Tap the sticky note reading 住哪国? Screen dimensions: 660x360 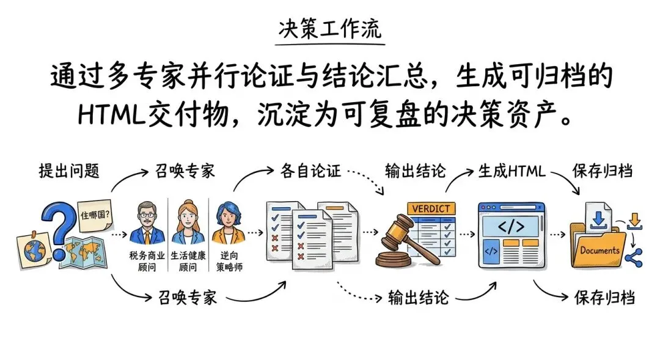coord(95,215)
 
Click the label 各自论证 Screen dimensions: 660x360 coord(309,171)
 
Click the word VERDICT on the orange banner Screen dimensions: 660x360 coord(431,209)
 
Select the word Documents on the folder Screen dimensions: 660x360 coord(599,251)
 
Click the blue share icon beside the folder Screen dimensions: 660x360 coord(634,257)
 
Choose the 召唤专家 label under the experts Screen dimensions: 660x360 coord(187,298)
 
